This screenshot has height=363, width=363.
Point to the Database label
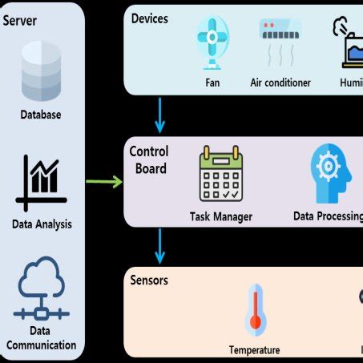[x=41, y=115]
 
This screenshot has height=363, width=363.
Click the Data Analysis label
[x=41, y=224]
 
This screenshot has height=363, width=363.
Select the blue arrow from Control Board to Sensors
[x=160, y=246]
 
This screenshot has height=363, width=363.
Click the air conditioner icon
[x=280, y=40]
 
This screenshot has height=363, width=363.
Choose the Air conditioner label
[x=280, y=83]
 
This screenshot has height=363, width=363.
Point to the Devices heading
[x=149, y=18]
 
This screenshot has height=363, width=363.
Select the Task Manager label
[x=221, y=216]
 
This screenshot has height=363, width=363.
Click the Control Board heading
[x=148, y=160]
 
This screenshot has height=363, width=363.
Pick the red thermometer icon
[x=256, y=309]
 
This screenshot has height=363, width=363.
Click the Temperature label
[x=255, y=349]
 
